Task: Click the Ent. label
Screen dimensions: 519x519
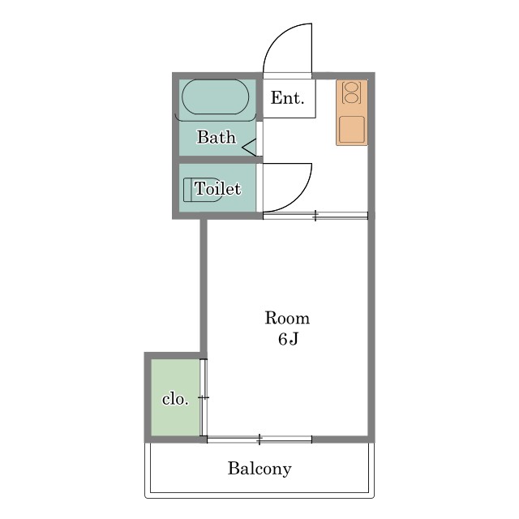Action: point(287,98)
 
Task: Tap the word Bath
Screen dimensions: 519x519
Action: point(217,137)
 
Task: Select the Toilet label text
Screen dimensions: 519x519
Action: point(217,189)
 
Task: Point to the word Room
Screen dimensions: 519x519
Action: point(287,318)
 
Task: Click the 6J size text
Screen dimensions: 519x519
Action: point(289,339)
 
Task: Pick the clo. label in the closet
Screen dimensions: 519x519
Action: point(175,399)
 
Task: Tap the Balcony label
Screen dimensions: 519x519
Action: point(259,469)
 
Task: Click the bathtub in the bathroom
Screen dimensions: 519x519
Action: point(216,97)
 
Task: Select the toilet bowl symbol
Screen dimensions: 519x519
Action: point(203,190)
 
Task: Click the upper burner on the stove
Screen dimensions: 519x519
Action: point(351,88)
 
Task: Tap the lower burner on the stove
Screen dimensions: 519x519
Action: point(351,98)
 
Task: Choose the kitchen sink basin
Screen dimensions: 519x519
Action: point(352,130)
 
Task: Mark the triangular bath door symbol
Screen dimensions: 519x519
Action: point(250,148)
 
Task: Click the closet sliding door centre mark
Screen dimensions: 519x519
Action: point(204,397)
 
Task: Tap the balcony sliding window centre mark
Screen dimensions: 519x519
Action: point(259,440)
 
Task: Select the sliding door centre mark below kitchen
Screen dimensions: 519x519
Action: point(315,216)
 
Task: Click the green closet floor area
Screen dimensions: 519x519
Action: point(175,397)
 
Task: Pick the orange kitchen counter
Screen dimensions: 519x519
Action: point(352,113)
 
